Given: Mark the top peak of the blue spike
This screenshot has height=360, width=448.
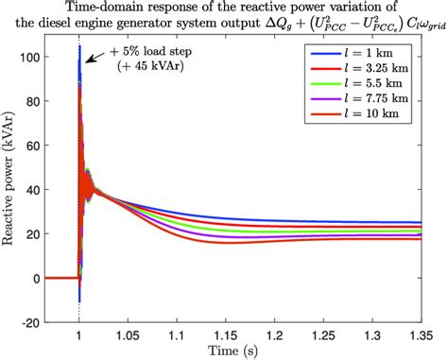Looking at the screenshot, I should [79, 46].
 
